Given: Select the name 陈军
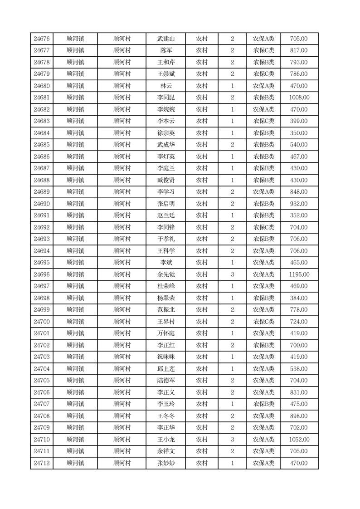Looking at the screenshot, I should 166,51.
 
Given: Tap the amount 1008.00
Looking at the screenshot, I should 299,98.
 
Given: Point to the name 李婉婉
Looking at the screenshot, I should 166,109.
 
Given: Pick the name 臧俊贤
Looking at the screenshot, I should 166,180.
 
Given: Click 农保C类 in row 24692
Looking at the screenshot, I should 263,227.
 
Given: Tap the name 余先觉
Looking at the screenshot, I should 166,274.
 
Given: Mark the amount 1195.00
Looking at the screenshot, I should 299,274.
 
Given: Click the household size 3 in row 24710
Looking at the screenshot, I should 232,440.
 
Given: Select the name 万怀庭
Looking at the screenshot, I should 166,333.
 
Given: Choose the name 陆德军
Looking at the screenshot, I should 166,381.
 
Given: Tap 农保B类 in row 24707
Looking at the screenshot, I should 263,404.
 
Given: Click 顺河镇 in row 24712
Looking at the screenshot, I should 75,463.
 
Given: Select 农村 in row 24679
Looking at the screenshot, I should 202,74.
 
